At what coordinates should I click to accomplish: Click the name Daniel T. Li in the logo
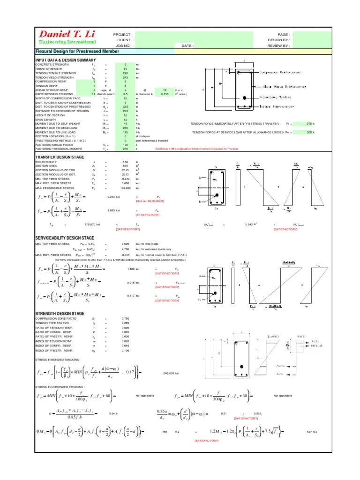pos(68,34)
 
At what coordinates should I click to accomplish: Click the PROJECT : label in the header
pos(123,35)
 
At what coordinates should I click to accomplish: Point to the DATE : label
pos(187,46)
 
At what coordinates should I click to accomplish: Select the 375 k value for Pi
pos(309,123)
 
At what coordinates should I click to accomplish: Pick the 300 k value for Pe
pos(309,133)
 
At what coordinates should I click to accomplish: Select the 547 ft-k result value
pos(313,432)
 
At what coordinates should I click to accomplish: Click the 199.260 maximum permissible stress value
pos(125,187)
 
